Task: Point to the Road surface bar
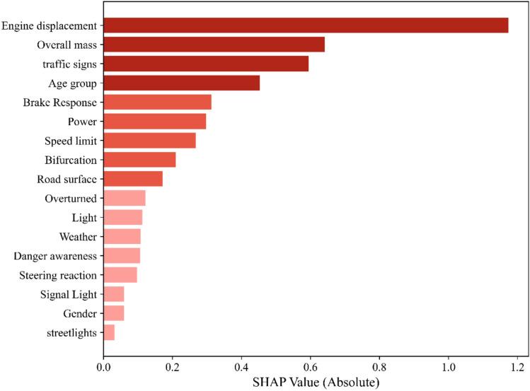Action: coord(133,179)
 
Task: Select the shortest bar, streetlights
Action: coord(109,332)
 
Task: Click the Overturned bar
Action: coord(125,198)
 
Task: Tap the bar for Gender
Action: coord(114,313)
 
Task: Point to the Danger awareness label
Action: coord(55,255)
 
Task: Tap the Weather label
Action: coord(78,236)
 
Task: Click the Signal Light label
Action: coord(68,294)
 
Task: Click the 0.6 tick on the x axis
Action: coord(311,368)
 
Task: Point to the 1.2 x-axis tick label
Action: coord(518,368)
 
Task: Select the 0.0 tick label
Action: coord(103,368)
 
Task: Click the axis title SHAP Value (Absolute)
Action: coord(311,383)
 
